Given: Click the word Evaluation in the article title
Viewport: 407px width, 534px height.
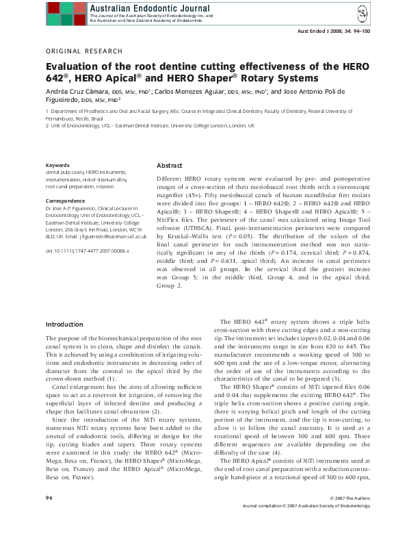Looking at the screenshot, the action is click(x=75, y=67).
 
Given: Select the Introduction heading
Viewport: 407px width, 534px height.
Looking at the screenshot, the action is click(x=64, y=323).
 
